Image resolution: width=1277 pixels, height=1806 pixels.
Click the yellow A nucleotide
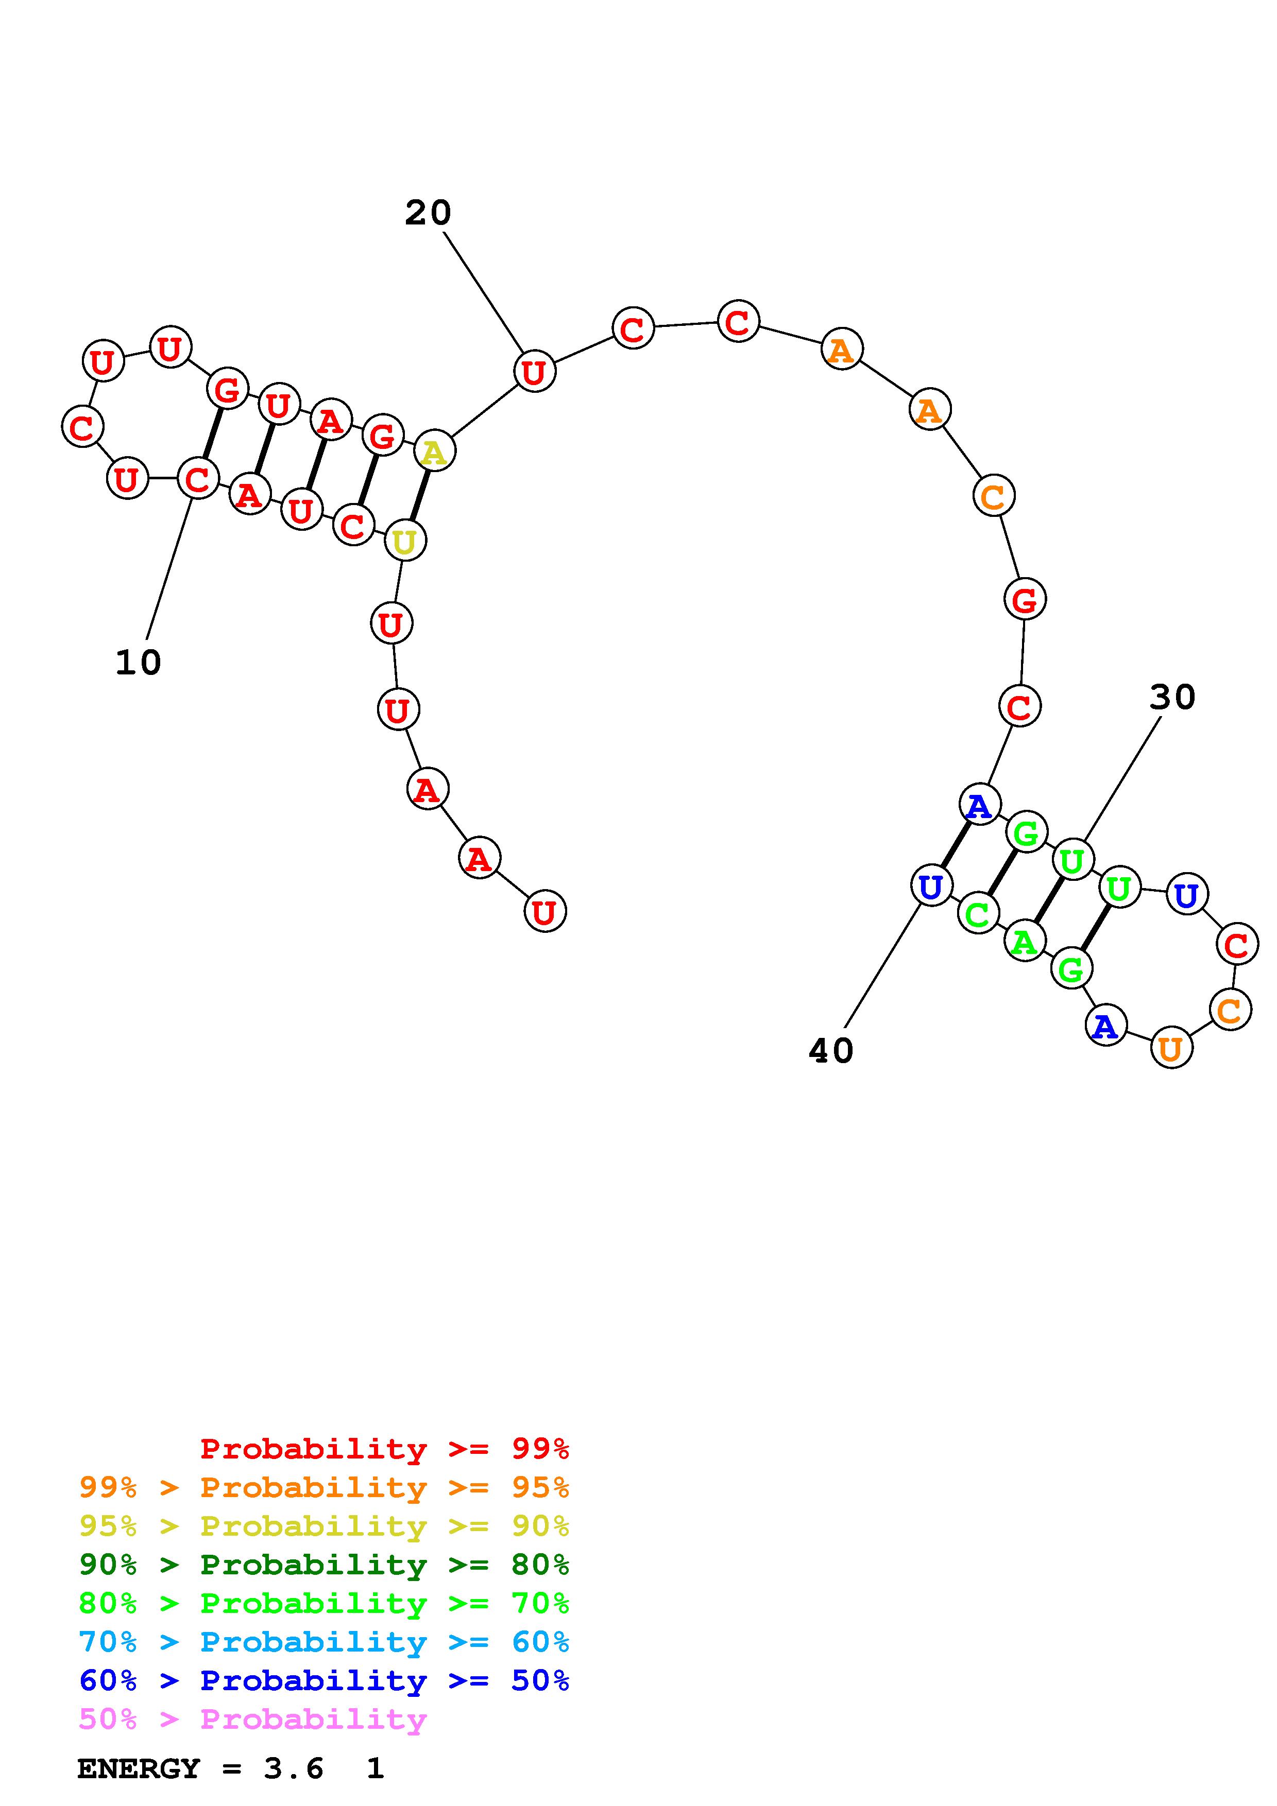click(x=434, y=453)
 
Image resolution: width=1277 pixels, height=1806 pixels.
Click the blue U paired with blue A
click(x=931, y=887)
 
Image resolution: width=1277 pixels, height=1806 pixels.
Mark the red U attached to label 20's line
click(x=534, y=371)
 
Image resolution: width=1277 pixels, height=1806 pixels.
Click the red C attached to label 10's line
click(x=197, y=478)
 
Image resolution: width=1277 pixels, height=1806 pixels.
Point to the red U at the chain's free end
click(x=544, y=912)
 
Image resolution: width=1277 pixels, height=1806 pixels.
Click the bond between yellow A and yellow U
click(x=419, y=496)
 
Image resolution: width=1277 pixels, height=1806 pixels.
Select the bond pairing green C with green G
click(x=1001, y=873)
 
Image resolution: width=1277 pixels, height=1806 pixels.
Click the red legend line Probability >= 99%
click(x=384, y=1449)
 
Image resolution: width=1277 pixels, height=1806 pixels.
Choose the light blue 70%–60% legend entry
click(x=324, y=1642)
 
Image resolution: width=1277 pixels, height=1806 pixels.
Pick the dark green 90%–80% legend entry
click(x=324, y=1565)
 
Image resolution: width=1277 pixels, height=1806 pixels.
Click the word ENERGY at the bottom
click(x=139, y=1769)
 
